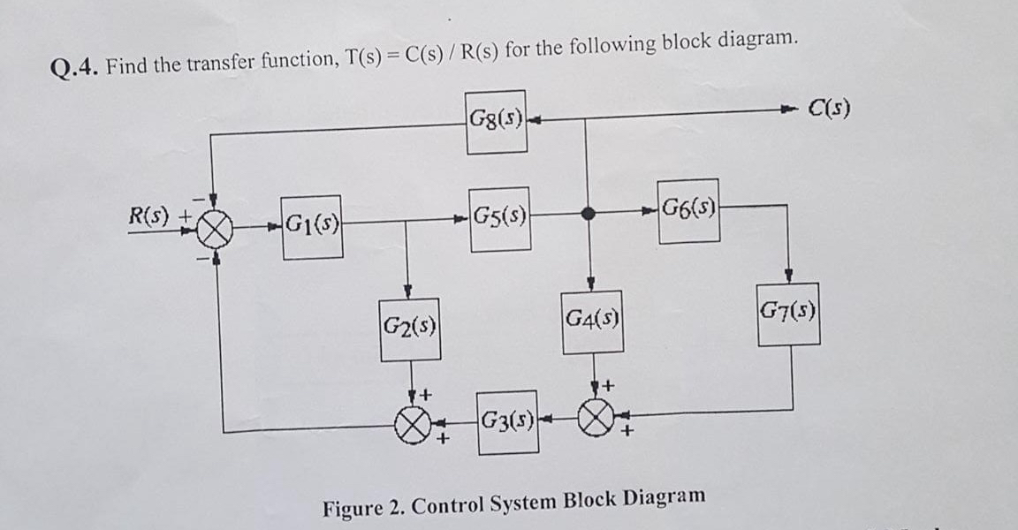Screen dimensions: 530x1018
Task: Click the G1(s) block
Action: [x=313, y=227]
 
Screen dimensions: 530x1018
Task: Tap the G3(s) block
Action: [x=508, y=421]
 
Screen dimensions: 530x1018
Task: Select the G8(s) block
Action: [x=496, y=121]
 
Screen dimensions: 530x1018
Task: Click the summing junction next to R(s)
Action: [x=215, y=231]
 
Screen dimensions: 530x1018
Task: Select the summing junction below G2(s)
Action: [x=409, y=423]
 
